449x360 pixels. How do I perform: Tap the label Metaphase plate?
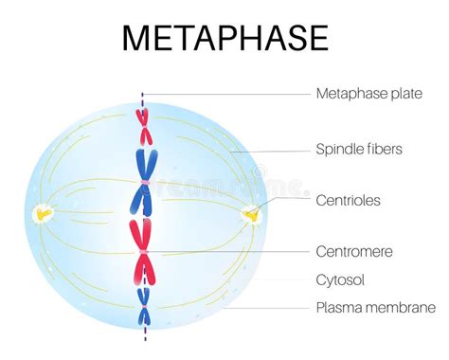click(368, 93)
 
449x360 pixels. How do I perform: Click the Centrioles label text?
click(350, 201)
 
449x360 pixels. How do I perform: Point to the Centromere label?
click(353, 252)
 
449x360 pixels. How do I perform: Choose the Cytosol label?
click(339, 280)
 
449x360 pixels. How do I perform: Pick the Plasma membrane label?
click(375, 307)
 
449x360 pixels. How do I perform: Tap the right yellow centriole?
click(251, 215)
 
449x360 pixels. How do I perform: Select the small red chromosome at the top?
click(143, 117)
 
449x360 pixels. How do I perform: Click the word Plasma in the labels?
click(338, 307)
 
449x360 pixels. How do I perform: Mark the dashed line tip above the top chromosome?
click(143, 95)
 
